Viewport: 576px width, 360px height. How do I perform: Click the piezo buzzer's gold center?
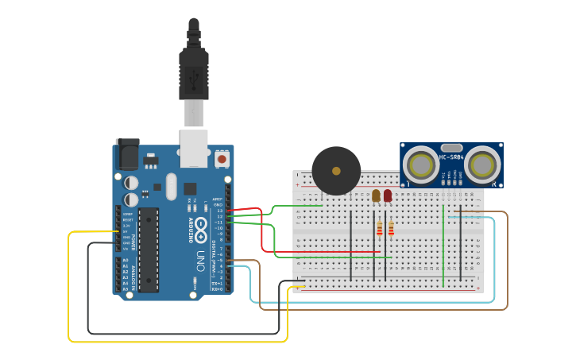pos(336,171)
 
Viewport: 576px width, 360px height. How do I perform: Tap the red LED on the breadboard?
pos(388,195)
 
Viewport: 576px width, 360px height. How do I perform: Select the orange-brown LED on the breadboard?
pos(376,195)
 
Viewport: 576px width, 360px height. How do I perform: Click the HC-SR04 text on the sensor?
pos(451,157)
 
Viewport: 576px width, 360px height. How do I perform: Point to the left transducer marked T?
pos(419,165)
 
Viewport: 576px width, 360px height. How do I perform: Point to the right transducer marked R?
pos(482,165)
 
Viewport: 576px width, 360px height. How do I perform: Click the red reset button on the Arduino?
pos(222,159)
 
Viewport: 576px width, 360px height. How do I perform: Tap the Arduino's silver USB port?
pos(194,149)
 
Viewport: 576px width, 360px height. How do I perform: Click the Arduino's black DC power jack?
pos(127,154)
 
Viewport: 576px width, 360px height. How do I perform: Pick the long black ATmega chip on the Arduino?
pos(149,250)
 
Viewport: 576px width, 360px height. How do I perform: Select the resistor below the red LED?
pos(391,229)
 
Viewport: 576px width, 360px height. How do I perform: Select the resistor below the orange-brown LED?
pos(380,229)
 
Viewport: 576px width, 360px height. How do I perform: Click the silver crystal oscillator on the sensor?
pos(451,147)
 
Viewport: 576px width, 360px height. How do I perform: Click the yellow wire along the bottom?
pos(175,342)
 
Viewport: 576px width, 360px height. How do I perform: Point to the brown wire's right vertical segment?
pos(507,262)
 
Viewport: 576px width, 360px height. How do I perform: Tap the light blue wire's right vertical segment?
pos(495,262)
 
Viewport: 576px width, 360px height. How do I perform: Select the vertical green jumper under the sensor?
pos(443,246)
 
